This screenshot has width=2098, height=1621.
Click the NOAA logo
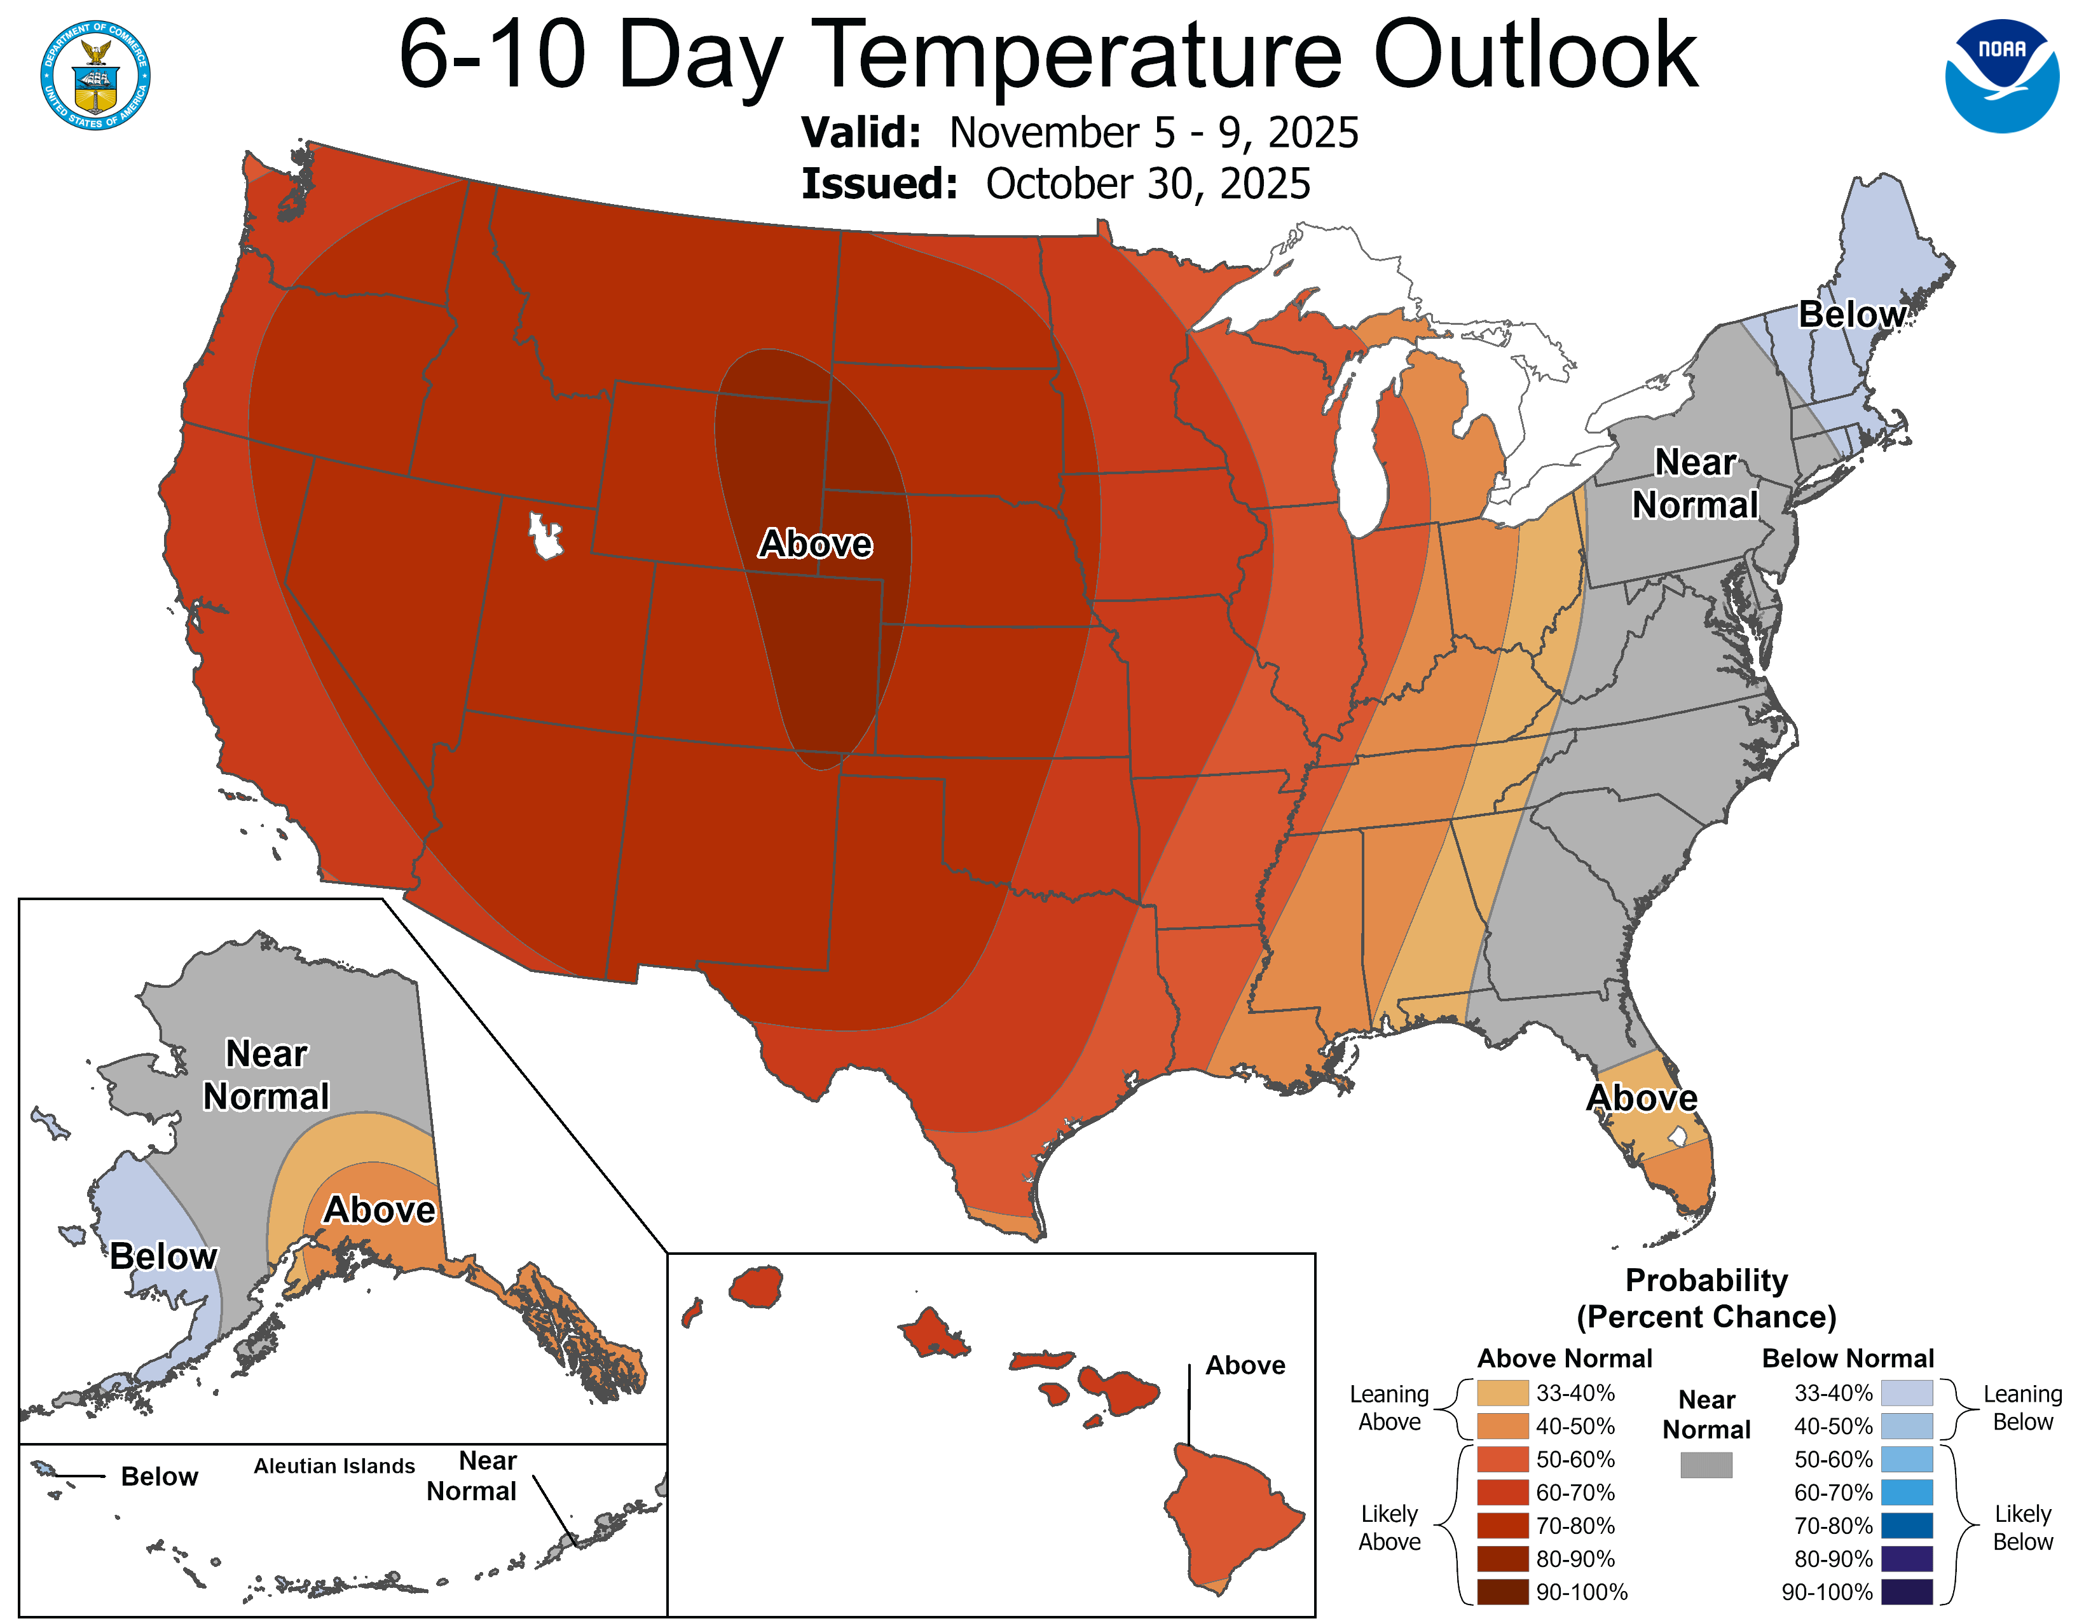(2002, 76)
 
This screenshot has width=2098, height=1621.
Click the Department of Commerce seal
(95, 75)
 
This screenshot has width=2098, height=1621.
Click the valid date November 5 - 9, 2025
(1153, 132)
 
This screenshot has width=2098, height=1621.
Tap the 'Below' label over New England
(1851, 314)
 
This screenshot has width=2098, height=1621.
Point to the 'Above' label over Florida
(1642, 1098)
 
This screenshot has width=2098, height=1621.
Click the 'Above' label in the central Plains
(816, 544)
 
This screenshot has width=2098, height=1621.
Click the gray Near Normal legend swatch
(1706, 1465)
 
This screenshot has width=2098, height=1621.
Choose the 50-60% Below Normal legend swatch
(1907, 1460)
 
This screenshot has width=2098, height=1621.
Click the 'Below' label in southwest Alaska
(163, 1256)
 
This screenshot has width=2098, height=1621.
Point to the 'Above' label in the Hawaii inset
(1245, 1365)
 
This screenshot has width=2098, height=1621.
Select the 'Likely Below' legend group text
(2022, 1528)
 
